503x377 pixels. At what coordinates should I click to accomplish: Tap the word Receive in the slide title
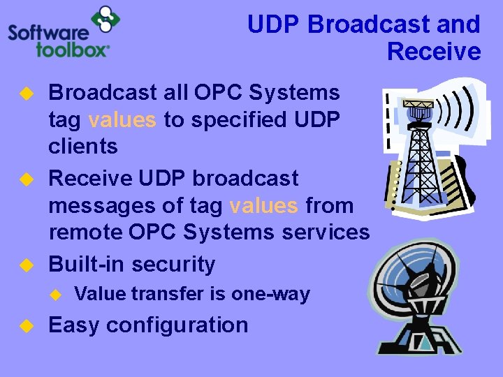[x=434, y=52]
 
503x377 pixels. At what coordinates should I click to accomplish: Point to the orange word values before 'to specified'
[x=122, y=120]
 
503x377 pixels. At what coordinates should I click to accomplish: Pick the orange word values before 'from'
[x=263, y=206]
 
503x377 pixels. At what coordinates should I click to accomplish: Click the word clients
[x=83, y=147]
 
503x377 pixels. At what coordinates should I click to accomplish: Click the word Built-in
[x=87, y=264]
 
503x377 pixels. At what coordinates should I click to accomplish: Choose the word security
[x=173, y=264]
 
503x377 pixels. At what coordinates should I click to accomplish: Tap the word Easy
[x=74, y=325]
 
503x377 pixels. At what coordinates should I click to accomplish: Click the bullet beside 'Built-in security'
[x=26, y=265]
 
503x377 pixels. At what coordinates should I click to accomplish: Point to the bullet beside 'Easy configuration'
[x=26, y=325]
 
